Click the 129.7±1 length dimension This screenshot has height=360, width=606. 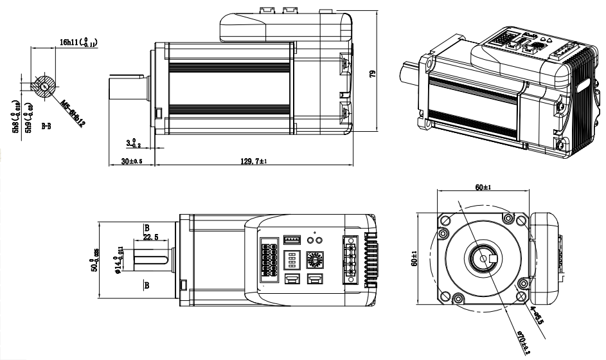pyautogui.click(x=253, y=161)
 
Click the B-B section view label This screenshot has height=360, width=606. pyautogui.click(x=47, y=127)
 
